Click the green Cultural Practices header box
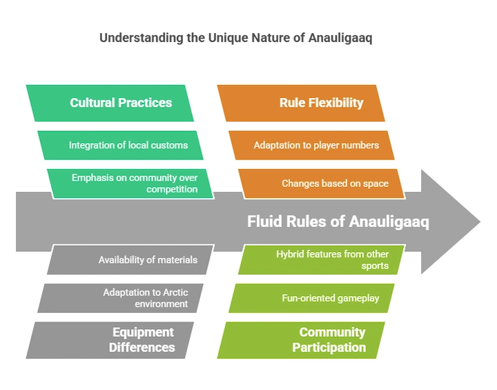[110, 103]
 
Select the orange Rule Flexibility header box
[301, 103]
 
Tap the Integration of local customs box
[120, 145]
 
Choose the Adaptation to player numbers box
[311, 145]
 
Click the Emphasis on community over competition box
[130, 184]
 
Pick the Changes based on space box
[322, 184]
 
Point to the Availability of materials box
[130, 260]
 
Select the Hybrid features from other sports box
[322, 260]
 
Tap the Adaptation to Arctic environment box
[120, 298]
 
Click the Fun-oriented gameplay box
[311, 298]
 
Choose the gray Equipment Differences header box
[110, 340]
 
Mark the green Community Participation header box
[301, 340]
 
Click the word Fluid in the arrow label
[264, 222]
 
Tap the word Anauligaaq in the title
[340, 38]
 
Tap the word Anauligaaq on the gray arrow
[389, 222]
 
